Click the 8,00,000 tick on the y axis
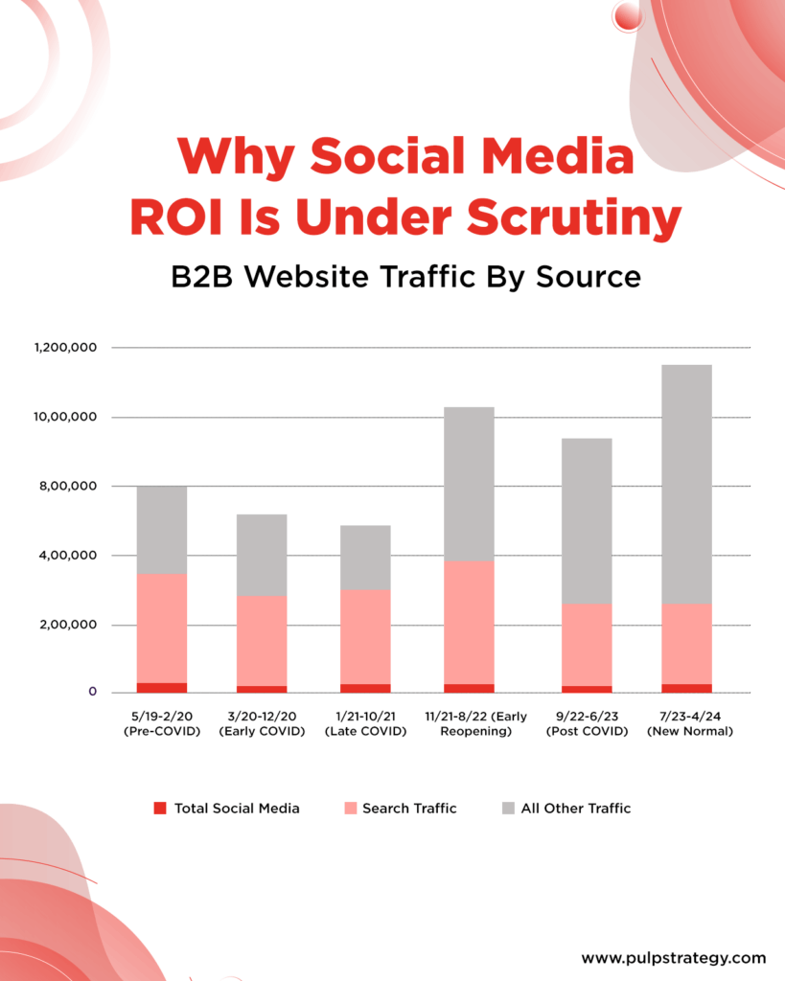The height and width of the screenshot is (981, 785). pyautogui.click(x=68, y=487)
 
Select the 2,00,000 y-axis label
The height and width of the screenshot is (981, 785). pyautogui.click(x=68, y=625)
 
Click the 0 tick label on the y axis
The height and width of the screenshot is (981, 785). pyautogui.click(x=93, y=691)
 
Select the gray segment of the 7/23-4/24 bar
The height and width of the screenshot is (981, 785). pyautogui.click(x=686, y=484)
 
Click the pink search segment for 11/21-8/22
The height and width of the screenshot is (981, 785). pyautogui.click(x=469, y=623)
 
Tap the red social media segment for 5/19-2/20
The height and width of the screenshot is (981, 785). pyautogui.click(x=162, y=688)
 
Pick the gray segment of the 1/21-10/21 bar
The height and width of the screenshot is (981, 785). pyautogui.click(x=365, y=558)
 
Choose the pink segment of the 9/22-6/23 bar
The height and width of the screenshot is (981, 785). pyautogui.click(x=587, y=645)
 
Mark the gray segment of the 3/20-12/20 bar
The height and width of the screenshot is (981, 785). pyautogui.click(x=262, y=556)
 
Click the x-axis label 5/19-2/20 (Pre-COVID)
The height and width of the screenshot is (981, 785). pyautogui.click(x=161, y=724)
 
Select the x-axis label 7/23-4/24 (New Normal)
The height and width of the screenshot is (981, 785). pyautogui.click(x=686, y=724)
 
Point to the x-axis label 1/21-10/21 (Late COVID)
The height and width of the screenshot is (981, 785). pyautogui.click(x=365, y=724)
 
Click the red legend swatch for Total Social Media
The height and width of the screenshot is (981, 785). pyautogui.click(x=160, y=809)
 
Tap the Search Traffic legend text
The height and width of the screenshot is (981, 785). pyautogui.click(x=409, y=809)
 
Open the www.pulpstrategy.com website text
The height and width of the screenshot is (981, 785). pyautogui.click(x=674, y=957)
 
